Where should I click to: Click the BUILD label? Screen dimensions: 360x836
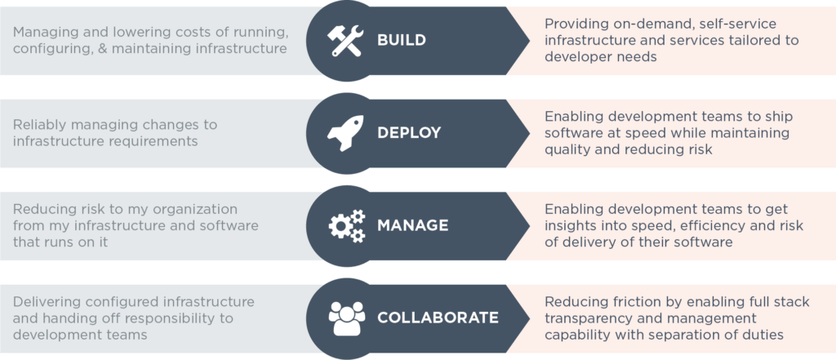[402, 40]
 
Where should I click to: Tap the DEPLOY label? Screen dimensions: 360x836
[409, 132]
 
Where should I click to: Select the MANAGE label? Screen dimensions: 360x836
[412, 224]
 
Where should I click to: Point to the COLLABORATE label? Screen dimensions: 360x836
[438, 317]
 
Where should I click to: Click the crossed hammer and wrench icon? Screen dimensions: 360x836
[345, 40]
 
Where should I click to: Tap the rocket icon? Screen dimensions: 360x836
[345, 132]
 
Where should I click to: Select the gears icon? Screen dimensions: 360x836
[345, 224]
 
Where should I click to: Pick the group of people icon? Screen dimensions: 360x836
[345, 317]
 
